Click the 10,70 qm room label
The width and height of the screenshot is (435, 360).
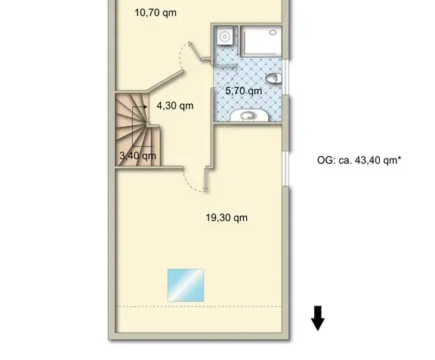[156, 13]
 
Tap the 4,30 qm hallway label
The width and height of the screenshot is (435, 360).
[174, 106]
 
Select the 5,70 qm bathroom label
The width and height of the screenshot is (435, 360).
[244, 91]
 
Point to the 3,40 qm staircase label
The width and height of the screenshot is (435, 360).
[137, 155]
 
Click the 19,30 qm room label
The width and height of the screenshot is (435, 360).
[227, 217]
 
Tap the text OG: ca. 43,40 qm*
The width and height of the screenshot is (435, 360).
[359, 160]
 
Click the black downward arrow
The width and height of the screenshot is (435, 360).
[318, 318]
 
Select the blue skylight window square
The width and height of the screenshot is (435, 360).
[186, 285]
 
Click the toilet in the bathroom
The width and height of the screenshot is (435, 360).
[273, 78]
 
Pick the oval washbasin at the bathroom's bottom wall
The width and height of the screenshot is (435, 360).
[249, 115]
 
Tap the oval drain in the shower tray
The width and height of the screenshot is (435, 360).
[273, 32]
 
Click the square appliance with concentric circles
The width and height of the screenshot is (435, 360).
[225, 35]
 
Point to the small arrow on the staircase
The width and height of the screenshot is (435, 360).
[140, 106]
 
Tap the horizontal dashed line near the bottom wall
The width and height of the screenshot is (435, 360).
[199, 306]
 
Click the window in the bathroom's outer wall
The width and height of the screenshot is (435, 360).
[285, 76]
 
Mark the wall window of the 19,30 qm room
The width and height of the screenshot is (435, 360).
[285, 168]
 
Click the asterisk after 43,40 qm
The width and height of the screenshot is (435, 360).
[400, 158]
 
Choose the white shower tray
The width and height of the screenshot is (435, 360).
[261, 41]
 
